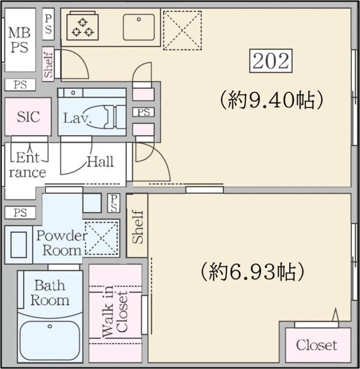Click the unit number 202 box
point(270,61)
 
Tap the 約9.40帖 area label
point(270,100)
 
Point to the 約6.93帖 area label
point(252,269)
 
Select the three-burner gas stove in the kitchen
point(82,27)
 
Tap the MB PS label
point(18,39)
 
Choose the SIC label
point(28,116)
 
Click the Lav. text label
point(75,118)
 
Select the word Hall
point(100,162)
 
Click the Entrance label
point(27,164)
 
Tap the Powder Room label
point(60,243)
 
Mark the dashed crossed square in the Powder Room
point(101,237)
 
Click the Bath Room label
point(50,292)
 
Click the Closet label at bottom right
point(316,345)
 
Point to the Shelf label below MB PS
point(48,63)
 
